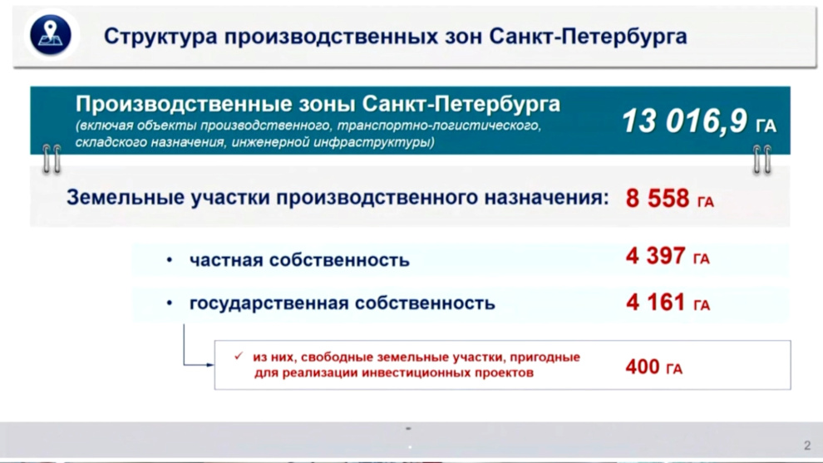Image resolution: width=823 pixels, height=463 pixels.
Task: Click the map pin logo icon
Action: click(51, 35)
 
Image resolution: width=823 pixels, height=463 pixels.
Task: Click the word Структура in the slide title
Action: click(160, 37)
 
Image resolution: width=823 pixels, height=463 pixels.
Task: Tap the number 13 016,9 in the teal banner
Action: click(684, 121)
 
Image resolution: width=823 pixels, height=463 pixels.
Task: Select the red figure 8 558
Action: click(657, 199)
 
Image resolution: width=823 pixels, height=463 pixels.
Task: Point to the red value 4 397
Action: click(656, 256)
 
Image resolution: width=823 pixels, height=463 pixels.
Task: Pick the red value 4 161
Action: click(656, 303)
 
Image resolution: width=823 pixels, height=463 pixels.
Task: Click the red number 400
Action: click(643, 367)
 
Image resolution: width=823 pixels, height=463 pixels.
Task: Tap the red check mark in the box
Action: click(239, 356)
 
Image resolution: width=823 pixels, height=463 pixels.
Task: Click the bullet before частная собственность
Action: click(169, 260)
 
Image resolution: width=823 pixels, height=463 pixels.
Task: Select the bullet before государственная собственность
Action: click(169, 303)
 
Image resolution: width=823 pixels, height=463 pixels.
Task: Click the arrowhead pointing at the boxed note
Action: click(210, 364)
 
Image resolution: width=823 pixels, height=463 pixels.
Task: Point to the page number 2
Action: click(807, 446)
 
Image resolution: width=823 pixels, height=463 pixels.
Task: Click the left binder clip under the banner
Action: click(52, 159)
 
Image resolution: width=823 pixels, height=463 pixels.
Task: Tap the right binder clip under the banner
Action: click(762, 159)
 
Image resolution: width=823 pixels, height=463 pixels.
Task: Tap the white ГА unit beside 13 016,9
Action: click(766, 126)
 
